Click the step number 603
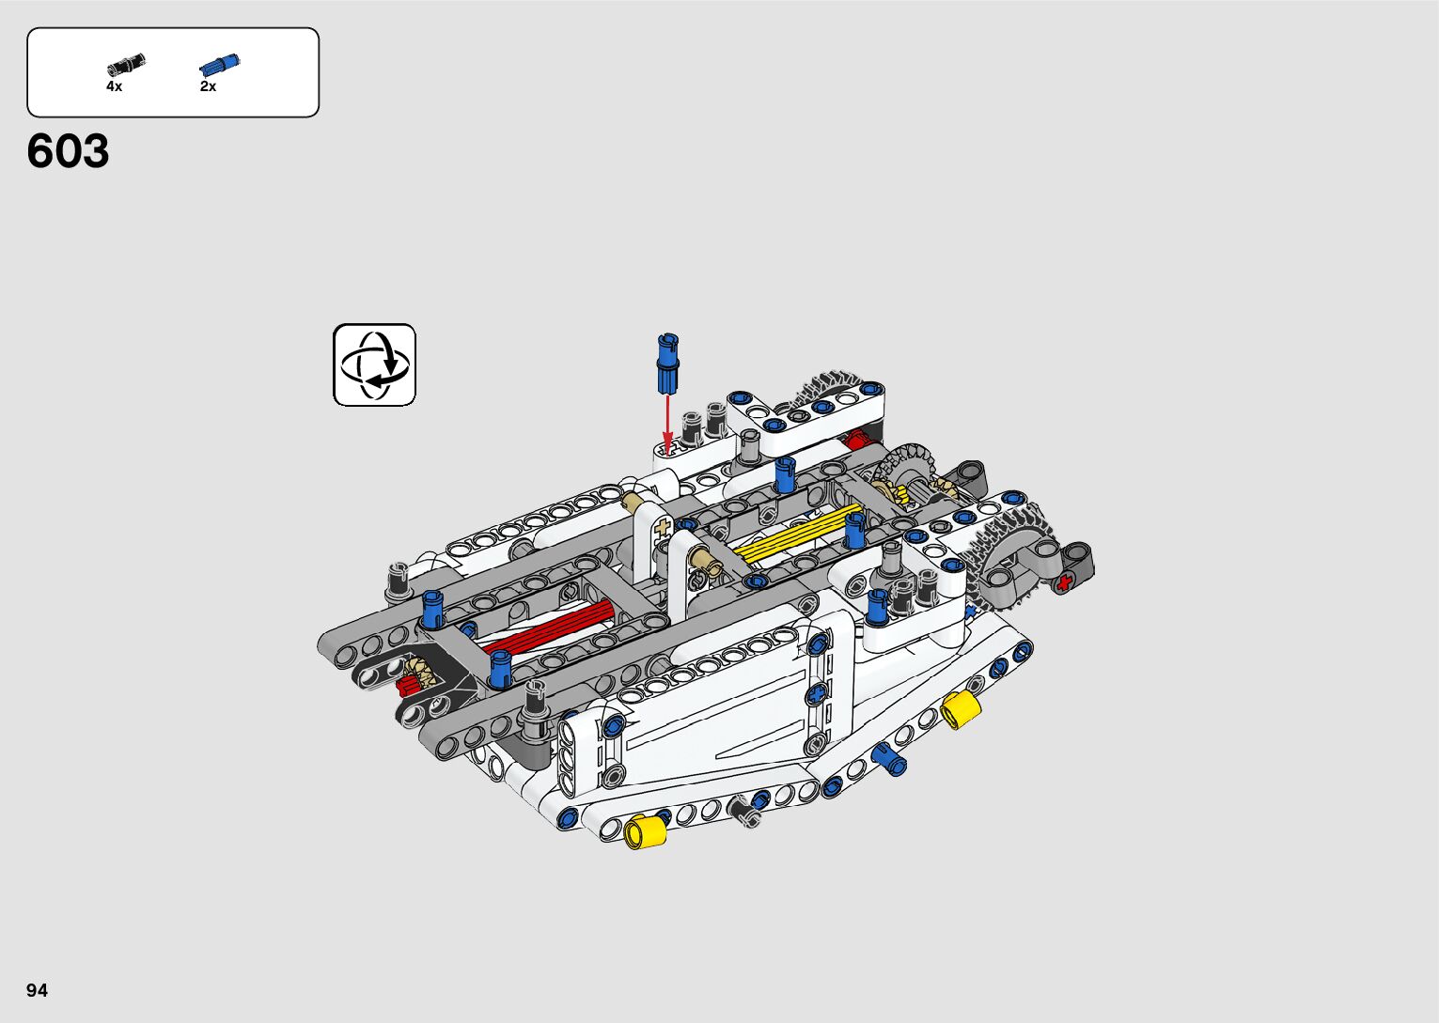[68, 151]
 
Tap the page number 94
[38, 990]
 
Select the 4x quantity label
[115, 86]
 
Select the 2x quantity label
[208, 86]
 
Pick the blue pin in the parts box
[220, 65]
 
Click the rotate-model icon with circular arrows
[374, 364]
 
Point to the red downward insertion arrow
[667, 425]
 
